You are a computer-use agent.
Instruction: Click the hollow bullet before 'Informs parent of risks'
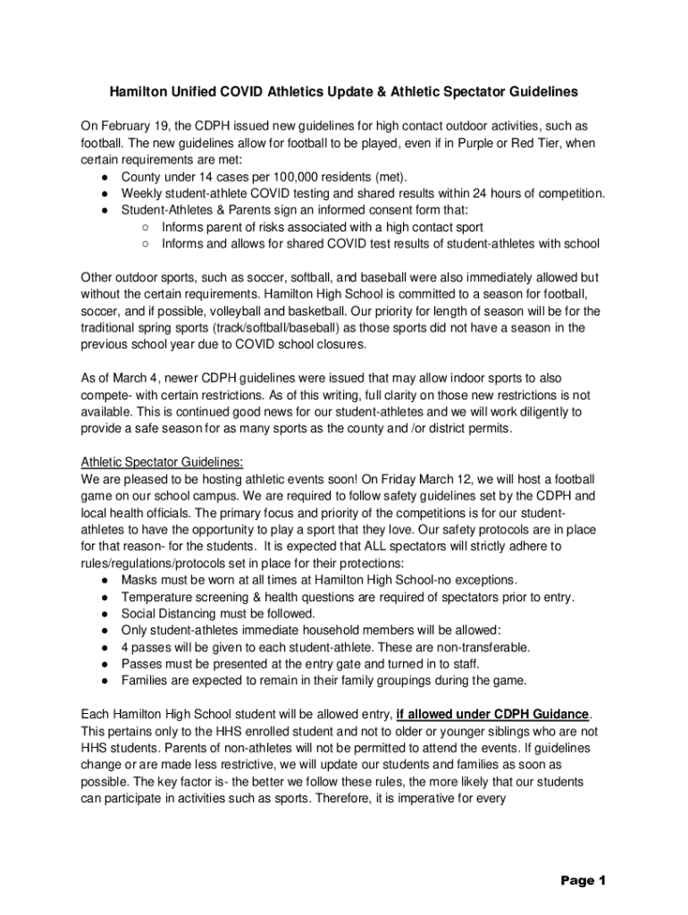[x=144, y=227]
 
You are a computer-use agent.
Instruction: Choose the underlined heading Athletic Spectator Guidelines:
[x=161, y=462]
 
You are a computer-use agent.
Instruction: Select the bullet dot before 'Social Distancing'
[x=105, y=614]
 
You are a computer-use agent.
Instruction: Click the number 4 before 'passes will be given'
[x=126, y=647]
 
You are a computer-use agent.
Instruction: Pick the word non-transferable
[x=484, y=647]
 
